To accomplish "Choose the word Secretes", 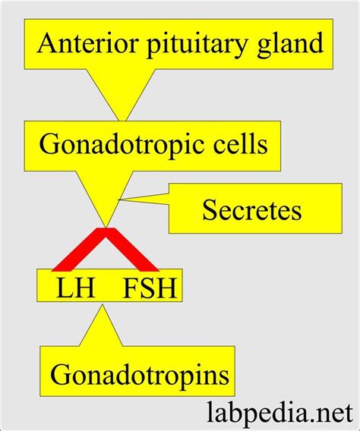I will tap(251, 209).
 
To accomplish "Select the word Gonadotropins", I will tap(140, 373).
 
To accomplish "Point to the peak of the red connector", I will tap(106, 231).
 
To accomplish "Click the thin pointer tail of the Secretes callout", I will tap(144, 200).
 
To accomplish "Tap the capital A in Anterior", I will tap(47, 44).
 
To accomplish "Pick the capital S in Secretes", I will tap(210, 209).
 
